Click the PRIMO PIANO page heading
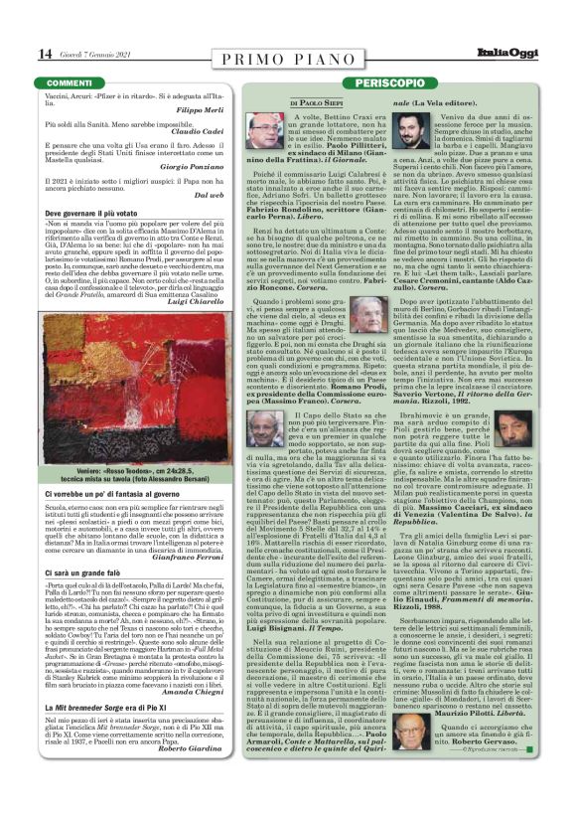287,54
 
